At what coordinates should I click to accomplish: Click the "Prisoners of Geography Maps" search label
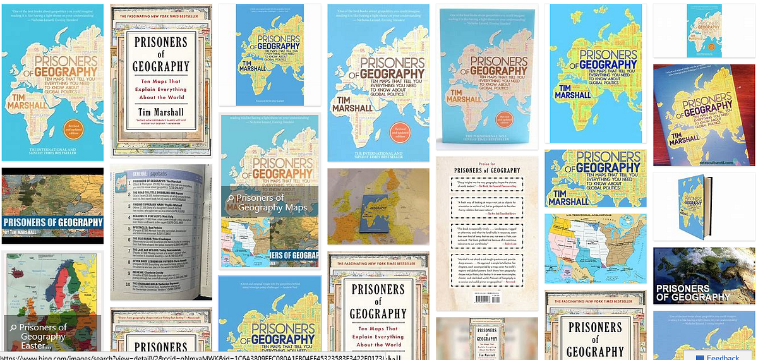(x=272, y=202)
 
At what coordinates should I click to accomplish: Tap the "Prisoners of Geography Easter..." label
(x=42, y=336)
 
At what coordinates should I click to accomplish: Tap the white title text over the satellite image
(x=692, y=292)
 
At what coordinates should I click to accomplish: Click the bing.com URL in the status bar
(x=189, y=356)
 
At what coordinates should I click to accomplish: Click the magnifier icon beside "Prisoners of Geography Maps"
(x=231, y=198)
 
